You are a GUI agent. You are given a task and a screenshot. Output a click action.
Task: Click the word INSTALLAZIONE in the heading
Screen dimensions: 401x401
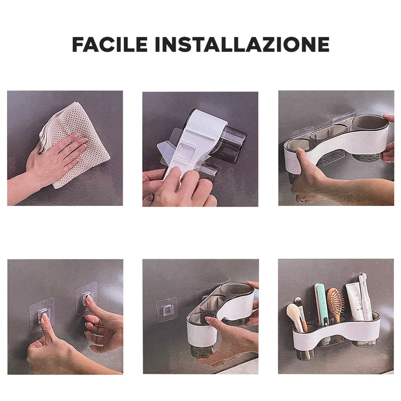click(242, 45)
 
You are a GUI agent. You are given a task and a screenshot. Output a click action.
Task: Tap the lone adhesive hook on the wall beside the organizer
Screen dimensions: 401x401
click(166, 310)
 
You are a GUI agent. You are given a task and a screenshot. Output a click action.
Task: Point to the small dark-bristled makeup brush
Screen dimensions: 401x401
click(299, 302)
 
